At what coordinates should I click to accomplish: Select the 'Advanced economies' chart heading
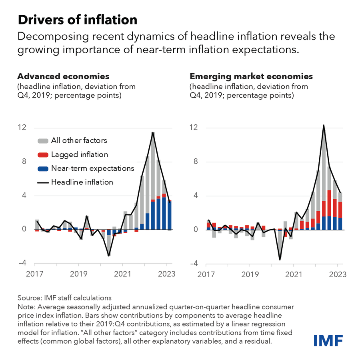pos(63,76)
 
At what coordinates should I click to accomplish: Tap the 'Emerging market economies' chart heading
pos(251,76)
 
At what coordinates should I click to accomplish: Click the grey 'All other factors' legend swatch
pos(43,141)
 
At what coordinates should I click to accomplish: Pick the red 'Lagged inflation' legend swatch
pos(43,155)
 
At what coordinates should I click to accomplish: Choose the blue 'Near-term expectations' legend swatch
pos(43,168)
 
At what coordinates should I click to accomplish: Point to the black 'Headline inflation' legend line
pos(43,182)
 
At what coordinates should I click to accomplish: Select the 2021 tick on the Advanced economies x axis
pos(122,276)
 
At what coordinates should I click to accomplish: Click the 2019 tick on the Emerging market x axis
pos(250,276)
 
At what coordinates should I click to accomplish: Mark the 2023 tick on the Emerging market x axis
pos(337,276)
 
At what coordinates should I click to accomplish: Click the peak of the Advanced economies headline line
pos(153,132)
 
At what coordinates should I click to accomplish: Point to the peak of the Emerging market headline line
pos(324,125)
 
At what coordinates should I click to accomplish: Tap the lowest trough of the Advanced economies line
pos(108,256)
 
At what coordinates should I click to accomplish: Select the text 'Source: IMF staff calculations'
pos(64,298)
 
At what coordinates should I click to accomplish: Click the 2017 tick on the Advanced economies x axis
pos(34,276)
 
